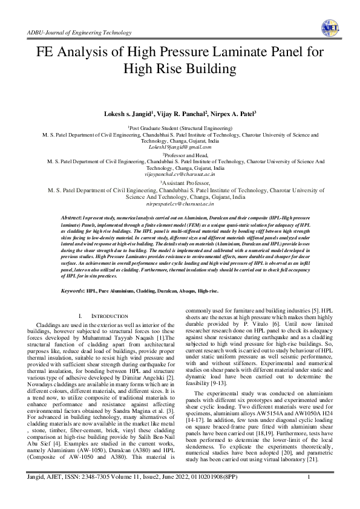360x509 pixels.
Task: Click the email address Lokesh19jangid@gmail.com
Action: (x=180, y=147)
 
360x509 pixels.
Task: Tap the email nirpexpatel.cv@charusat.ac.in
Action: (x=180, y=204)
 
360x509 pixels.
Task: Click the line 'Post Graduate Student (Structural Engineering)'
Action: (x=180, y=129)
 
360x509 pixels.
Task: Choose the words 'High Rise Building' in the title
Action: (x=180, y=68)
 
